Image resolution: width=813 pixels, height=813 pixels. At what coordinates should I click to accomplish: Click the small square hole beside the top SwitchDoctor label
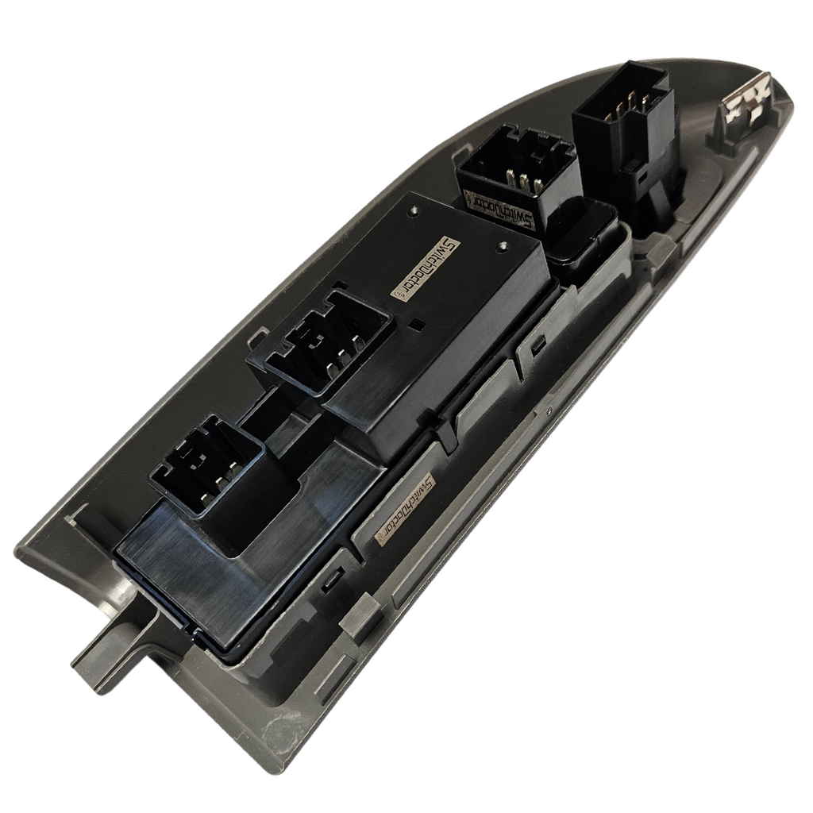(418, 322)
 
